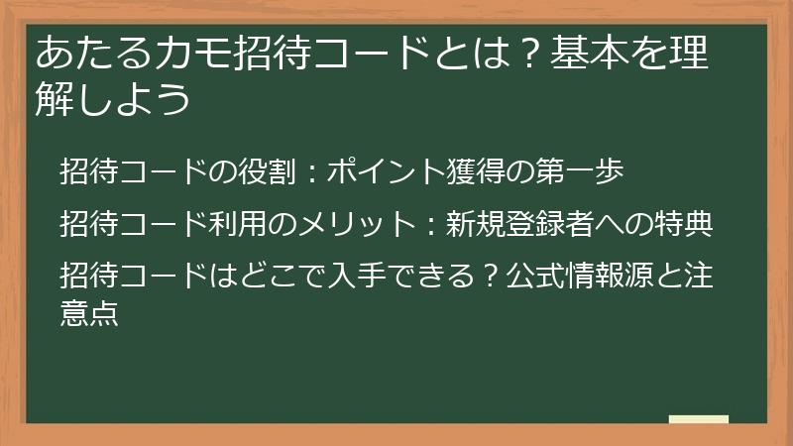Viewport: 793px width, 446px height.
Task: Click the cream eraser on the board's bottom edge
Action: (x=698, y=418)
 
